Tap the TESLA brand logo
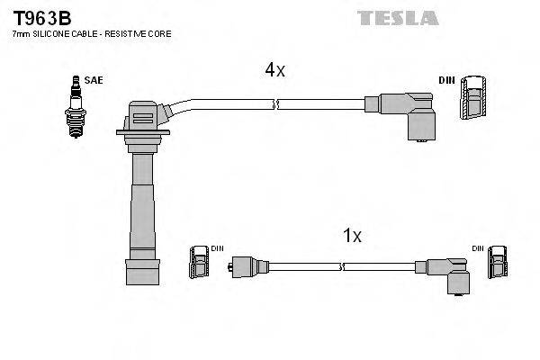pos(397,17)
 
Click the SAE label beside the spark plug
pos(93,80)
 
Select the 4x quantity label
pos(274,70)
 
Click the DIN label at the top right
pos(446,80)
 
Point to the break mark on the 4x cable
pos(276,105)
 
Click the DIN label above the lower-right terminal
pos(478,247)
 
